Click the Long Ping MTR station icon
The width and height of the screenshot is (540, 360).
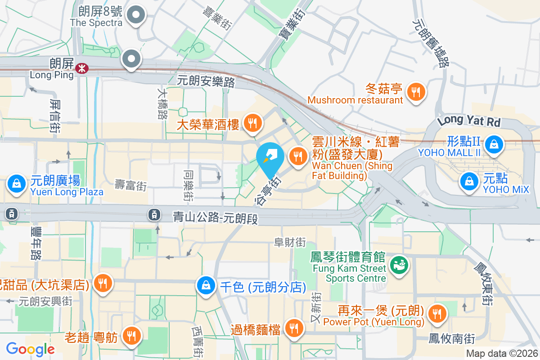tap(82, 68)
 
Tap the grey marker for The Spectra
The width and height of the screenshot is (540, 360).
tap(135, 16)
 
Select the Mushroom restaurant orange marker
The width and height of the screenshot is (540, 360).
tap(414, 92)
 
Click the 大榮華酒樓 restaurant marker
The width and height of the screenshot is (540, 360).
tap(253, 122)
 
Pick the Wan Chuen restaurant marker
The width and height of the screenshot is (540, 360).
tap(297, 157)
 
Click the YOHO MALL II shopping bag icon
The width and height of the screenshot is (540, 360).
tap(494, 144)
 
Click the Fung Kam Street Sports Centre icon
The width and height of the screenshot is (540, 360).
tap(398, 265)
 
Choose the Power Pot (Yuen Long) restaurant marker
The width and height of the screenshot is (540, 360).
tap(436, 313)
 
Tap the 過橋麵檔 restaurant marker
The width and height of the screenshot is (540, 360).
tap(294, 328)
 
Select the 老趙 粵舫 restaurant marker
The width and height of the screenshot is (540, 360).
tap(131, 335)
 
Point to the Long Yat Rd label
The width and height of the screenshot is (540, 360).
tap(468, 121)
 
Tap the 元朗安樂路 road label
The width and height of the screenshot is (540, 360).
tap(206, 81)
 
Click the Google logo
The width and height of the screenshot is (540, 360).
tap(30, 349)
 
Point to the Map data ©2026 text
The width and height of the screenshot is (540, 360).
tap(501, 354)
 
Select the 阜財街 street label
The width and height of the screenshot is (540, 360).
tap(290, 242)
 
